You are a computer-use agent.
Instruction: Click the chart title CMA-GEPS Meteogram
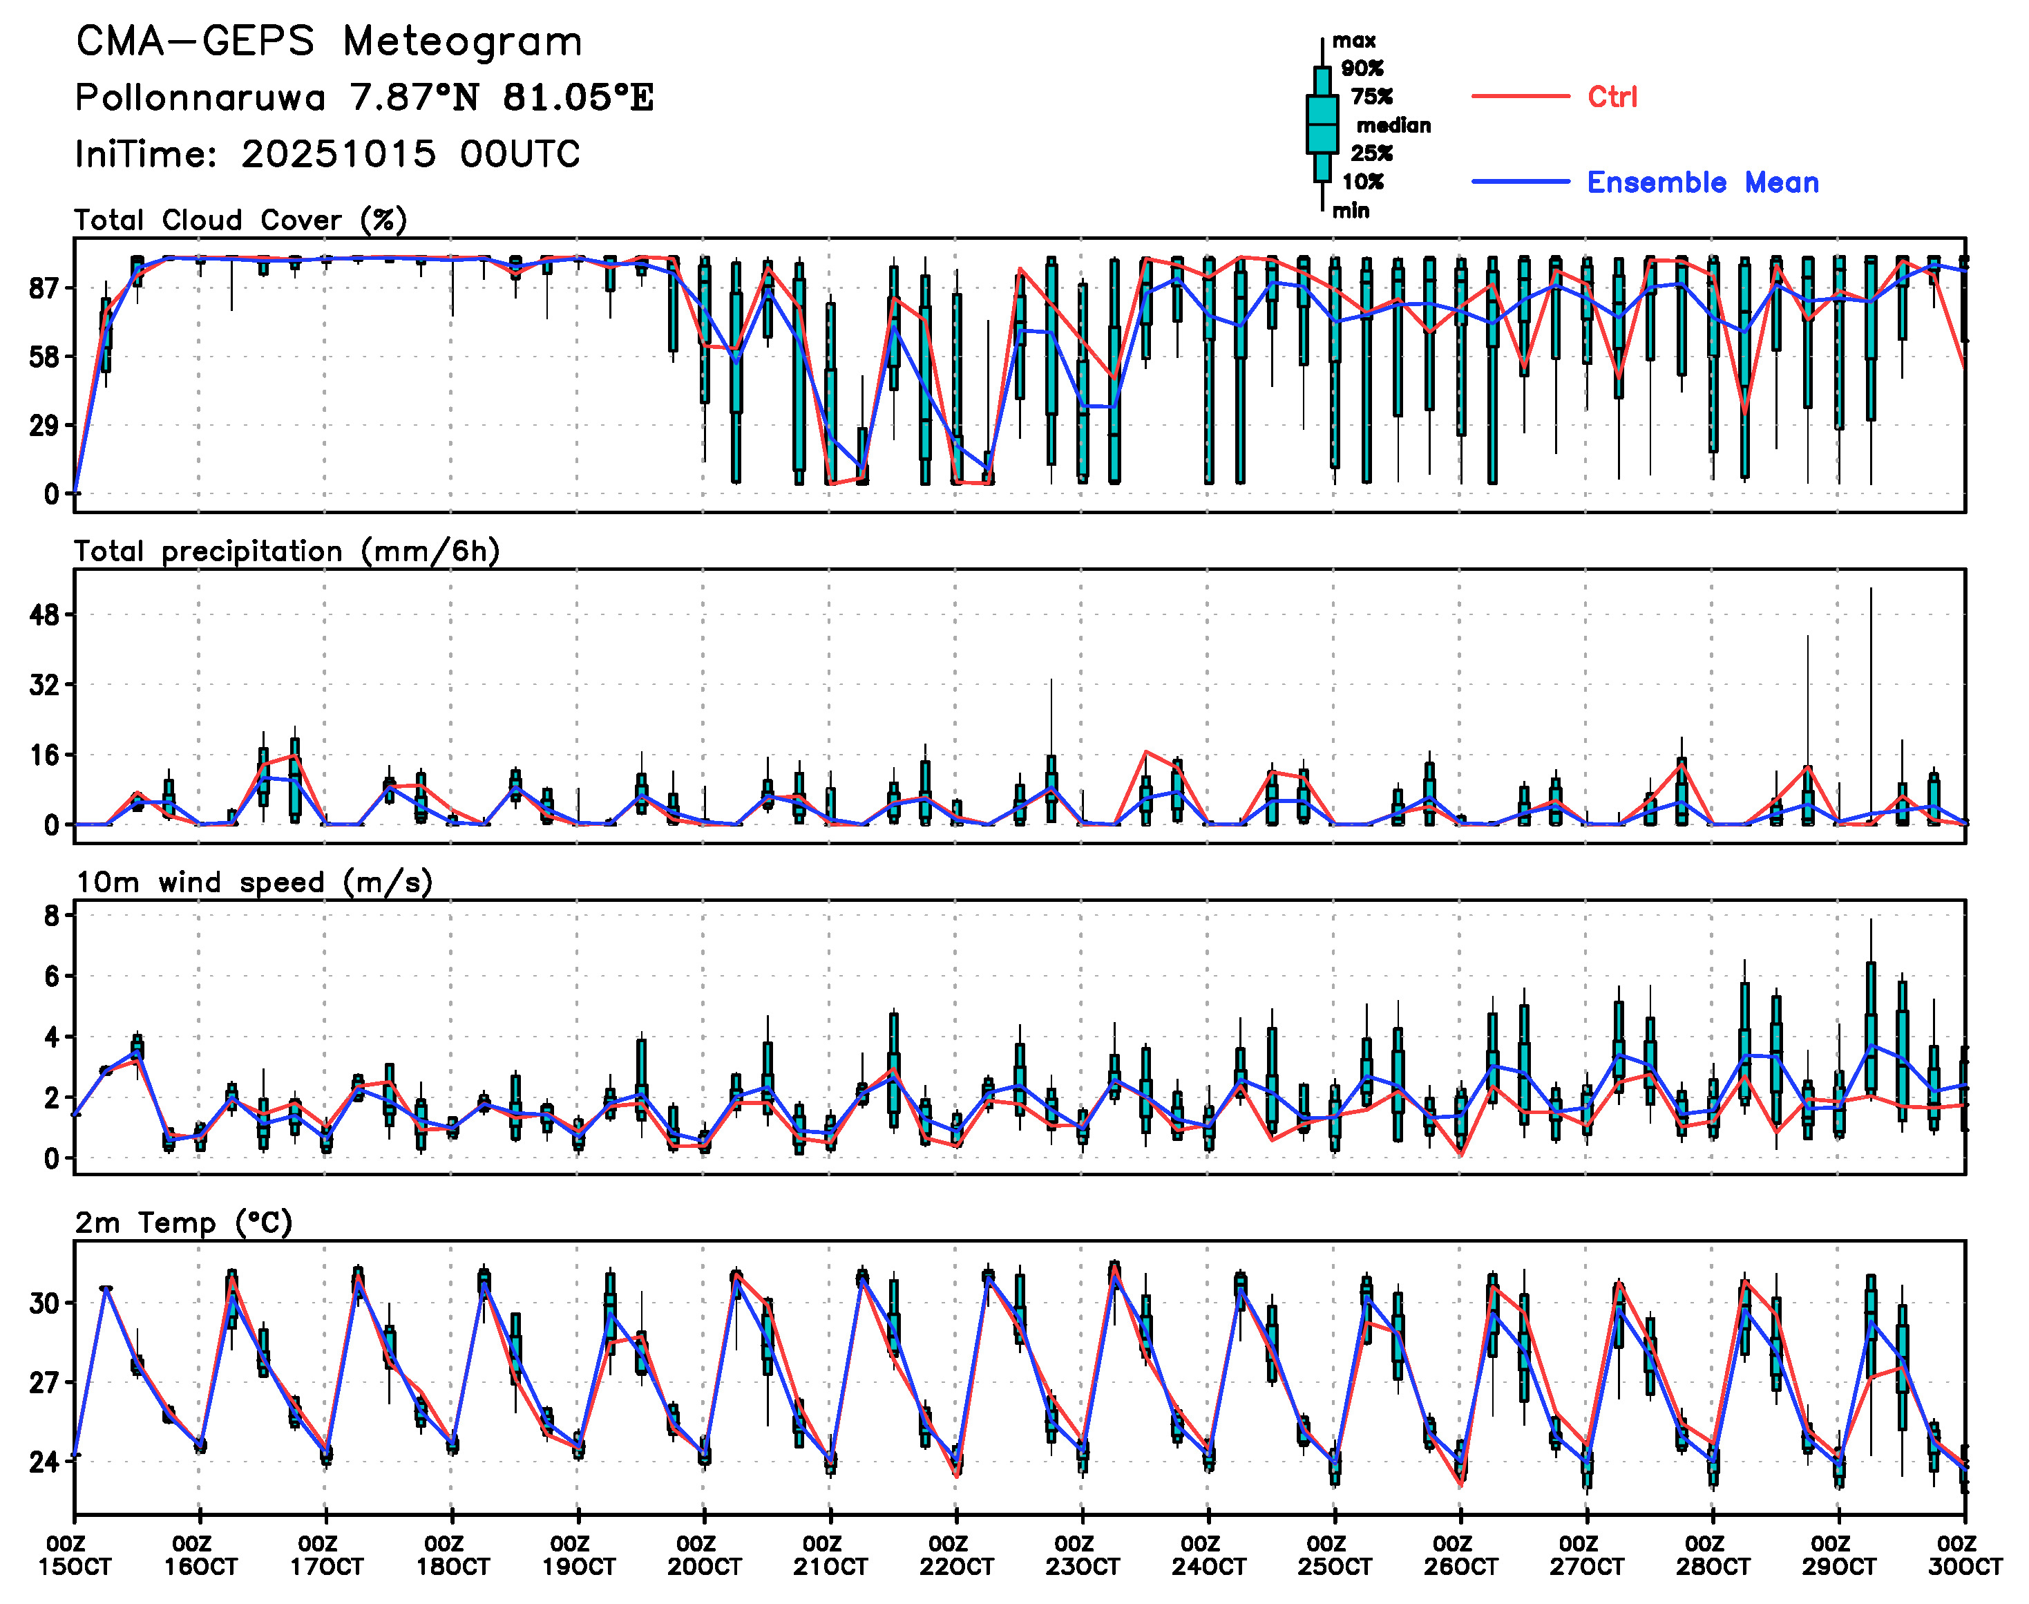(x=329, y=42)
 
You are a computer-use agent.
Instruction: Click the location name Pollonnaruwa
(x=200, y=97)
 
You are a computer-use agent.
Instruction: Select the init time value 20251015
(x=338, y=154)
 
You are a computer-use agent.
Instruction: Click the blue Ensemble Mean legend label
(x=1702, y=182)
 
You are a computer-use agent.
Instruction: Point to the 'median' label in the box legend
(x=1393, y=126)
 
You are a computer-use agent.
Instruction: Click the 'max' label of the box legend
(x=1354, y=40)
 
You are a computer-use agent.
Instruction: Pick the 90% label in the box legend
(x=1362, y=68)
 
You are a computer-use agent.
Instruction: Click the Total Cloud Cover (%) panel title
(x=240, y=220)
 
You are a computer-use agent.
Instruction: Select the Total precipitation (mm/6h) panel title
(x=287, y=551)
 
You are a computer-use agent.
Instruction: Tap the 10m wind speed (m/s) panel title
(x=254, y=883)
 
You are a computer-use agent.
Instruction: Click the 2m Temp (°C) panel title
(x=184, y=1223)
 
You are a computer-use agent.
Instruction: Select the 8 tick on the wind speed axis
(x=52, y=916)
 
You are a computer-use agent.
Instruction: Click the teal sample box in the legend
(x=1322, y=124)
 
